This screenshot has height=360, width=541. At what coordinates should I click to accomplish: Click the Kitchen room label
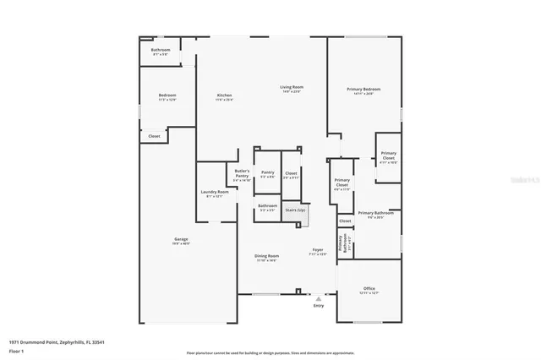click(224, 95)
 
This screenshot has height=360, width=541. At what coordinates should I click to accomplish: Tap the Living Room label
click(292, 88)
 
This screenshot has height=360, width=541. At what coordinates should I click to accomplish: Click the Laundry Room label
click(215, 193)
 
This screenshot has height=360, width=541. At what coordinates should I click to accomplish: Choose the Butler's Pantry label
click(242, 175)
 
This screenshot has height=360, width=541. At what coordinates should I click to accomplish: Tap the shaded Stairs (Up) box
click(295, 211)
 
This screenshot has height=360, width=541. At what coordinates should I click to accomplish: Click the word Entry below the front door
click(318, 305)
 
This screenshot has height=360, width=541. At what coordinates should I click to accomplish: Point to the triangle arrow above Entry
click(318, 298)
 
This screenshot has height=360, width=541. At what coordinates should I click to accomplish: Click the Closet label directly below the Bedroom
click(154, 136)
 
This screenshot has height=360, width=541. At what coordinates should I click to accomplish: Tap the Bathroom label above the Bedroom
click(161, 51)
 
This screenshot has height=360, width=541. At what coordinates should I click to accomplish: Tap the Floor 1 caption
click(15, 350)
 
